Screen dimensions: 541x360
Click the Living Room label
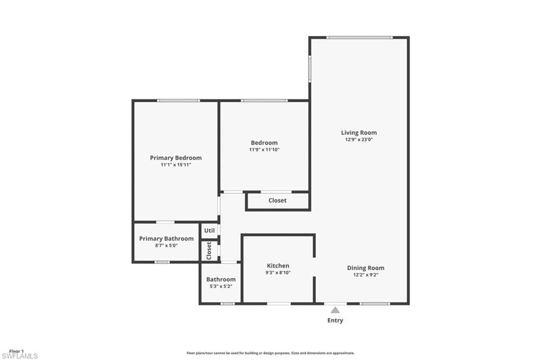tap(359, 132)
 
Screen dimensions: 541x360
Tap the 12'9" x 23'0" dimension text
tap(359, 140)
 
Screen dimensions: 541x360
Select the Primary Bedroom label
tap(175, 158)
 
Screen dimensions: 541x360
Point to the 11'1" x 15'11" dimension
tap(175, 165)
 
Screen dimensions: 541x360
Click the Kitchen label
tap(278, 266)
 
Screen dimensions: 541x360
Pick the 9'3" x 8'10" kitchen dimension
tap(278, 273)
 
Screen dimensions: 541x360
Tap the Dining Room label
tap(366, 268)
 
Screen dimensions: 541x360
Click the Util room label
tap(209, 230)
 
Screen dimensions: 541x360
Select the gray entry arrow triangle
tap(335, 310)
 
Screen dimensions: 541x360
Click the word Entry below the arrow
tap(335, 320)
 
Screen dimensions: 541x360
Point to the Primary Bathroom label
tap(166, 239)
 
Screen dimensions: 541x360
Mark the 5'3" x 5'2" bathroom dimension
tap(221, 286)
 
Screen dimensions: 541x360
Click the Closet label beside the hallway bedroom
tap(277, 201)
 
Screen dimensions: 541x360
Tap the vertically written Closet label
tap(209, 251)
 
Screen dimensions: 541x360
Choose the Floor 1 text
tap(16, 352)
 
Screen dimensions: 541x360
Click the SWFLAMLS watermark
tap(20, 356)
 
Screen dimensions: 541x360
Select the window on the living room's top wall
tap(359, 37)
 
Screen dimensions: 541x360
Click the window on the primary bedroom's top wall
tap(179, 101)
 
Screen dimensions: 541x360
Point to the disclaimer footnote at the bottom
tap(270, 353)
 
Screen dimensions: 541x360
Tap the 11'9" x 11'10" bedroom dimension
tap(264, 150)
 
